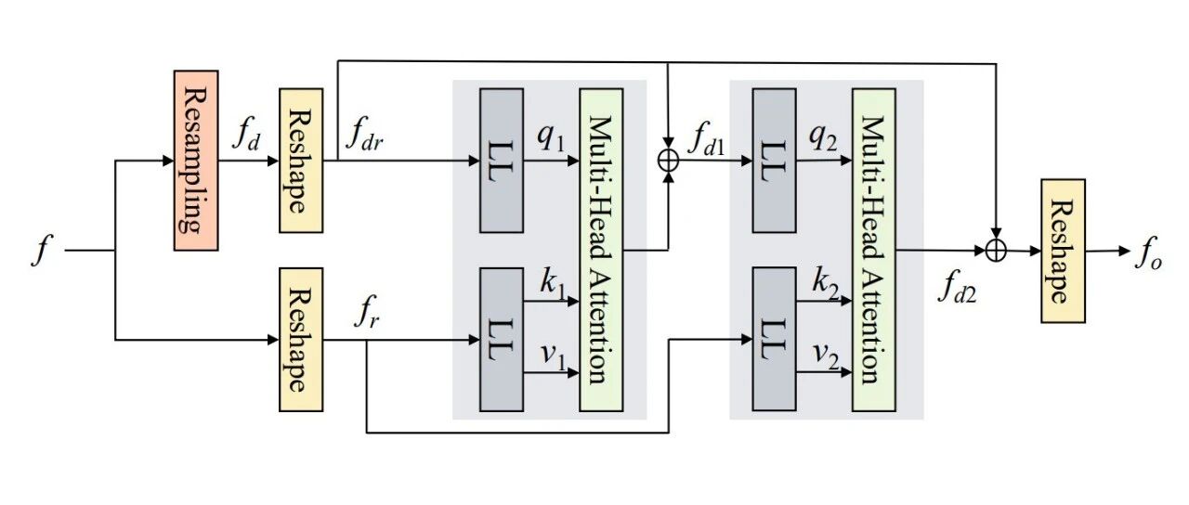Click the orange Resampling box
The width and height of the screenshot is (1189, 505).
[196, 161]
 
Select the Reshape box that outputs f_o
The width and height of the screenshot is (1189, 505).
[1063, 251]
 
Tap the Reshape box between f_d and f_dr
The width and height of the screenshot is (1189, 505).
[301, 161]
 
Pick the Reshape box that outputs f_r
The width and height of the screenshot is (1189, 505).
[301, 340]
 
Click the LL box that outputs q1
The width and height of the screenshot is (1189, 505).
[502, 161]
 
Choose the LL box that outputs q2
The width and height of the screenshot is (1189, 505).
[774, 161]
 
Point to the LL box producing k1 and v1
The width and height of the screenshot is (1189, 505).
[502, 340]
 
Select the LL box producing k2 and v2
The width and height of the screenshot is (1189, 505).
[774, 340]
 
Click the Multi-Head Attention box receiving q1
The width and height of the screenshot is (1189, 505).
[601, 250]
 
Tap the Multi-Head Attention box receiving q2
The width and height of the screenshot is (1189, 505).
[874, 250]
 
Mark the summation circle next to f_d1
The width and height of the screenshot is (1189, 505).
[668, 161]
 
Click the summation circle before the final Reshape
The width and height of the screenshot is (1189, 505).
[996, 251]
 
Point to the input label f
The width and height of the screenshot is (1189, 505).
[43, 251]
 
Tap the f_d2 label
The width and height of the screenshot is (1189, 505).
[957, 289]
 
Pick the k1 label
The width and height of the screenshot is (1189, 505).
[553, 284]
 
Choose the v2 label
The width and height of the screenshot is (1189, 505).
[826, 356]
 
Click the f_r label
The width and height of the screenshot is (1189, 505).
[367, 313]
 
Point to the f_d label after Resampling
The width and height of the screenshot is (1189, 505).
[246, 136]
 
